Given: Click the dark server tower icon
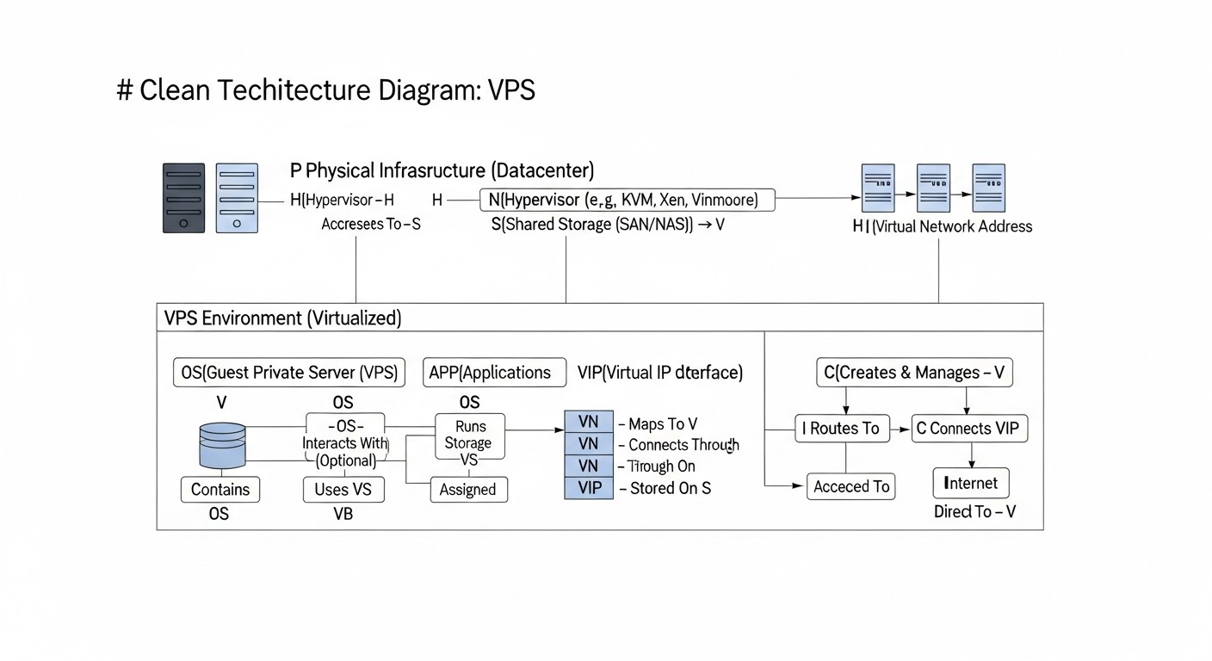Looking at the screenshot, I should (184, 198).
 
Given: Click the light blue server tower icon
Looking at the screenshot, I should (237, 198).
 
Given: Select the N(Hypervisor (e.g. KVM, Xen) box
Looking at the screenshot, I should (627, 201).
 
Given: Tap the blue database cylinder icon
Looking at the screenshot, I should (222, 445).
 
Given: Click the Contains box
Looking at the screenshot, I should (220, 490).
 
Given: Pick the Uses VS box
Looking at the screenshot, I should (343, 490).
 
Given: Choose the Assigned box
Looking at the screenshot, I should (468, 490).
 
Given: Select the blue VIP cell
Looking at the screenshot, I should (589, 488).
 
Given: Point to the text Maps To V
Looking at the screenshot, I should (663, 423).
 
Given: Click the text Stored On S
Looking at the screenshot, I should (671, 488).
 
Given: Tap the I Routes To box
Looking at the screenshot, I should (840, 428).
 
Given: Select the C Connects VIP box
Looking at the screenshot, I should (969, 428).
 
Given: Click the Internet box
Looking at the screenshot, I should (971, 483).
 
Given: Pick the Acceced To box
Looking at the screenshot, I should (851, 486).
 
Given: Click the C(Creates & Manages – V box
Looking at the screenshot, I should (914, 373).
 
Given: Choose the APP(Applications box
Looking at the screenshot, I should (495, 373).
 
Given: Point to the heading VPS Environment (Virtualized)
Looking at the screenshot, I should (282, 318).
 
